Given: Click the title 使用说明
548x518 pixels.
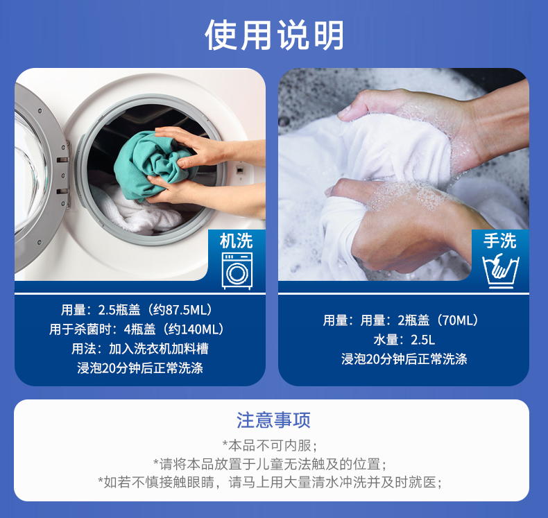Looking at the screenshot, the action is [275, 35].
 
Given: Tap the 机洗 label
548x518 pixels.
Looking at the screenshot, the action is [237, 241].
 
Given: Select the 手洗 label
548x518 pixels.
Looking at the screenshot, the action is [499, 241].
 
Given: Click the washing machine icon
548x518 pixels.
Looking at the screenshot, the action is [237, 271].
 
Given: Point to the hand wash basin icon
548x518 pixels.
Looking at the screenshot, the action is [500, 271].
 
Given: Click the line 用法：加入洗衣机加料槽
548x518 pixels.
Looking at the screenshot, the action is [140, 349].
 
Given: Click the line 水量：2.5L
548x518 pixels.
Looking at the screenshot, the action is [404, 340].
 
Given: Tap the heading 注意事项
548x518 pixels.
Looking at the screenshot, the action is [273, 420].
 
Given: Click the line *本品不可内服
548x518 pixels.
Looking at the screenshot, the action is [270, 445].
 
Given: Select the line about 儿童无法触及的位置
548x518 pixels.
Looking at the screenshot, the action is [270, 464].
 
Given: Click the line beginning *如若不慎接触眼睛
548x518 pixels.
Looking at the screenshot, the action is [270, 483].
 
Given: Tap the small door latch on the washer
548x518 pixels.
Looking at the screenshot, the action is [240, 171].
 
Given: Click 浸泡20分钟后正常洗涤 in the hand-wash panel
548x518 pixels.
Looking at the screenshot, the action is [404, 359].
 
